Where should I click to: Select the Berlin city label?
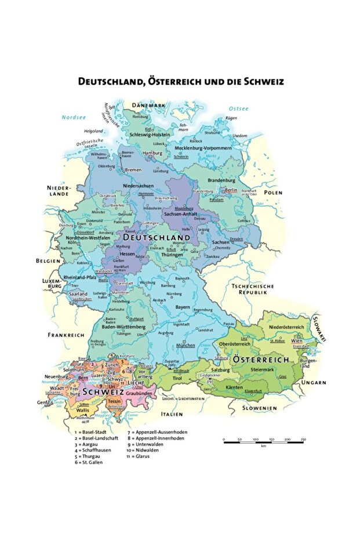click(231, 190)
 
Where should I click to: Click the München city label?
click(185, 345)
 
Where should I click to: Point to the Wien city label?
click(297, 342)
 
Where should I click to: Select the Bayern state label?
click(183, 306)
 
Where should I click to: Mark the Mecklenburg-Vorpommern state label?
click(199, 148)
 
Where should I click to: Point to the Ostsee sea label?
click(238, 108)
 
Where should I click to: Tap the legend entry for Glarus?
click(137, 456)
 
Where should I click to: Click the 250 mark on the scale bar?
click(303, 440)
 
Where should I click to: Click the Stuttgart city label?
click(136, 319)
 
